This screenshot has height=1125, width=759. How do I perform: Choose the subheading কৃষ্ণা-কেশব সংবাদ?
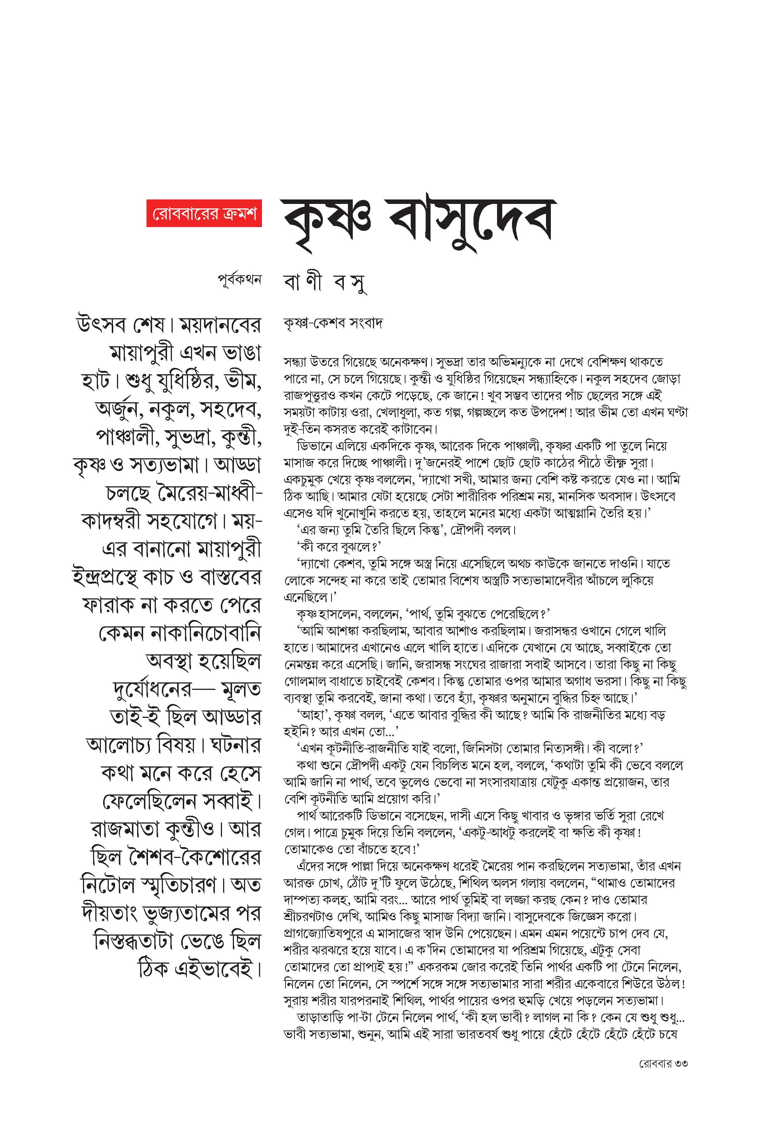coord(333,323)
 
